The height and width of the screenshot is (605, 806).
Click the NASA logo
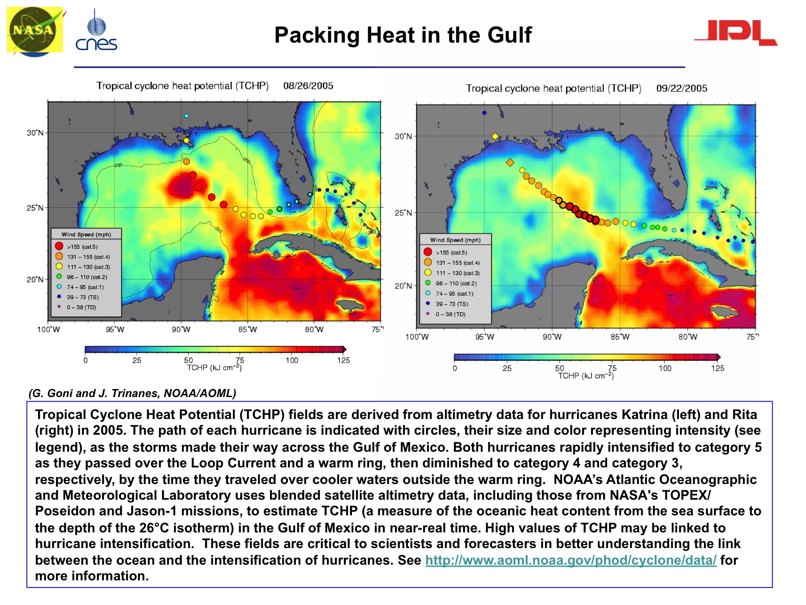[x=34, y=31]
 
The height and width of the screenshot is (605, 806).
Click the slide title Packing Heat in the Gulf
[x=403, y=35]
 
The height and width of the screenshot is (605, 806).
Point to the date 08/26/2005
[x=308, y=86]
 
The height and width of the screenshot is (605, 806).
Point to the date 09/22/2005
[x=682, y=88]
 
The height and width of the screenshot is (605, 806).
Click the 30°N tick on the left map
[x=35, y=133]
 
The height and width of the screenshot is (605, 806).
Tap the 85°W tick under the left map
[x=248, y=329]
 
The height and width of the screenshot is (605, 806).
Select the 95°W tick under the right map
[x=485, y=337]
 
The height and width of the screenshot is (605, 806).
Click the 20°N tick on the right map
[x=403, y=286]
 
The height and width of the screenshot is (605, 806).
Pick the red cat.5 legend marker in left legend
[x=59, y=246]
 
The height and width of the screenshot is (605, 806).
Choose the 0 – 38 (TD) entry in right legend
[x=450, y=314]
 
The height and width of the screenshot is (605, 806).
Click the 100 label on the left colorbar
[x=292, y=360]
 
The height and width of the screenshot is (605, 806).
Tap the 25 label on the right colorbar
[x=507, y=368]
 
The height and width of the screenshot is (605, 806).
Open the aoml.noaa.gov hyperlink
[x=570, y=560]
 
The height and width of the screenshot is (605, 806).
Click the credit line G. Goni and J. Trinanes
[x=132, y=393]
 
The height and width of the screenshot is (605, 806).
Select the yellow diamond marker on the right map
[x=495, y=136]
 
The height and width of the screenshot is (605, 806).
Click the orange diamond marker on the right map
[x=510, y=163]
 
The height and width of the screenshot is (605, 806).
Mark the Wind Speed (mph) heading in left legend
[x=86, y=234]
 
